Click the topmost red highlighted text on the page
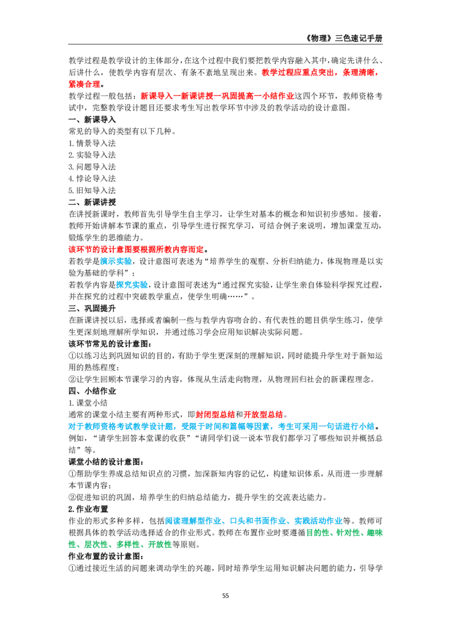(x=319, y=72)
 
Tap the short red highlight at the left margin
(x=84, y=84)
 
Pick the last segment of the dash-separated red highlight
(x=278, y=97)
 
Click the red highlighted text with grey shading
(x=136, y=249)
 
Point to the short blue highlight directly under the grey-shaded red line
(x=116, y=262)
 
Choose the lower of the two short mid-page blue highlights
(x=132, y=285)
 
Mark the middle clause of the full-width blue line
(x=227, y=427)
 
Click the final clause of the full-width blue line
(x=326, y=427)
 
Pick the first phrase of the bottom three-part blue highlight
(x=195, y=521)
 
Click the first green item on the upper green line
(x=319, y=532)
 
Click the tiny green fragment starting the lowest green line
(x=72, y=545)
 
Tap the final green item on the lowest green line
(x=158, y=545)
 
